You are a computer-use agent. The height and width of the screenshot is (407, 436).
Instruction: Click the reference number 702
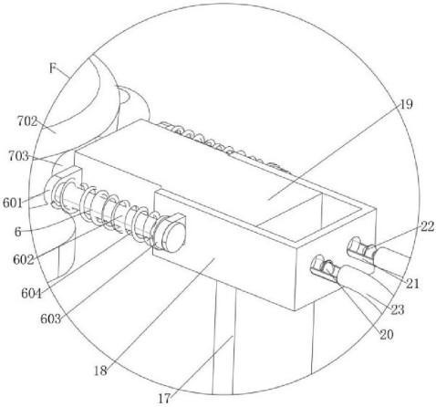27,121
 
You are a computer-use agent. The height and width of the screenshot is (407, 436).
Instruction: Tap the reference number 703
18,156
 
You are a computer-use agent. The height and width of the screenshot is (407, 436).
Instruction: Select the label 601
13,203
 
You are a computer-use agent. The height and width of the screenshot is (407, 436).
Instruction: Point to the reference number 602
24,260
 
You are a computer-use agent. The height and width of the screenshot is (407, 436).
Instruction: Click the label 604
32,294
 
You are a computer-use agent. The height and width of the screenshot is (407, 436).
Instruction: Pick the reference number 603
51,319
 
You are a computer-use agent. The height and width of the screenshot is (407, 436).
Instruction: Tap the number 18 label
100,370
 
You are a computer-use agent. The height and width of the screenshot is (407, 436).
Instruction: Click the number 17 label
164,399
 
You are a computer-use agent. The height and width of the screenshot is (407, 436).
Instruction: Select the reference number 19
406,104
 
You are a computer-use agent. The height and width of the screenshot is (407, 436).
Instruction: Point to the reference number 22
427,226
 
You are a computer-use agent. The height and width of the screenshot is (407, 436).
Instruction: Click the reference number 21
412,284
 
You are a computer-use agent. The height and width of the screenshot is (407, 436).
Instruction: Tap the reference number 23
398,310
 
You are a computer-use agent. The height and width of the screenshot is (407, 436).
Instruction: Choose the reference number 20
387,335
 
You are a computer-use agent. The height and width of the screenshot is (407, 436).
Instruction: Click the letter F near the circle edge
53,69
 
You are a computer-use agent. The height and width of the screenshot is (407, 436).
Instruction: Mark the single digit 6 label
18,232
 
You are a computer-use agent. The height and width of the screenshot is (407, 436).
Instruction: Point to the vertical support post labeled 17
223,338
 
